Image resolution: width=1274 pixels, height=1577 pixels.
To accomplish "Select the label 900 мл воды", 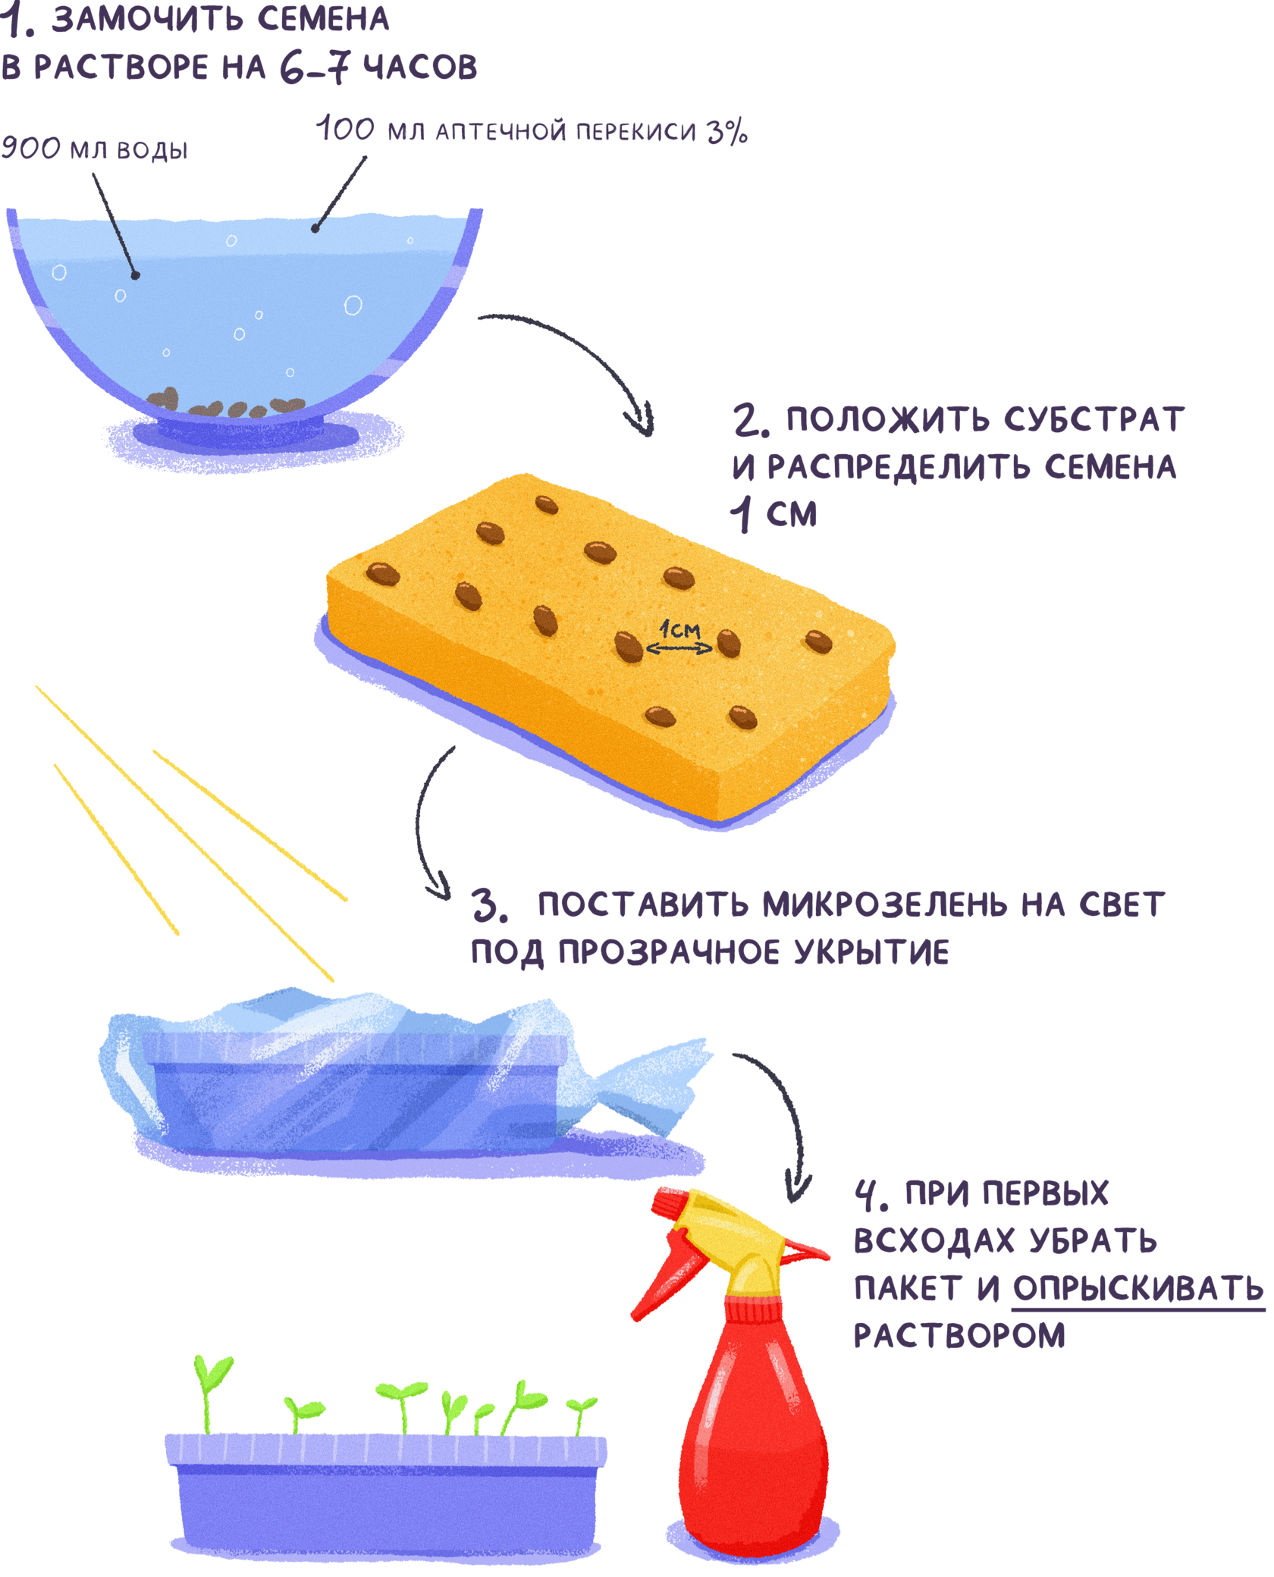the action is [x=94, y=149].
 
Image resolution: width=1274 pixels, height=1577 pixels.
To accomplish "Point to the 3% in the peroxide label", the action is [x=727, y=132].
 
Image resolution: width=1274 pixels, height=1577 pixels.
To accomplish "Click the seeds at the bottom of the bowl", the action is [x=227, y=405].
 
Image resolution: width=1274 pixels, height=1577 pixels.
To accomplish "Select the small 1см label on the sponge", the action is [x=679, y=629].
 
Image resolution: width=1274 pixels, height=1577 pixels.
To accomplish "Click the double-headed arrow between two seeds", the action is [x=679, y=648].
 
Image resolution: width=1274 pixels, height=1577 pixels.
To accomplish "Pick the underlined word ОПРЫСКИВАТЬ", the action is [x=1137, y=1288].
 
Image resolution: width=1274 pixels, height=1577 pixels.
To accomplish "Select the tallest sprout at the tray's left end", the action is [x=209, y=1387].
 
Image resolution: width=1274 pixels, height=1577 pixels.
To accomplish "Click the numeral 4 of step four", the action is [x=866, y=1193].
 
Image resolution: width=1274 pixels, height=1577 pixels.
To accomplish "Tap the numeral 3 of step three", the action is [x=488, y=905].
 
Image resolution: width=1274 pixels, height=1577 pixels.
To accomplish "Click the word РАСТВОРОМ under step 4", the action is [x=959, y=1336].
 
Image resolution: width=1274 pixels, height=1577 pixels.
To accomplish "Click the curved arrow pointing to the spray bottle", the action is [x=781, y=1115].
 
